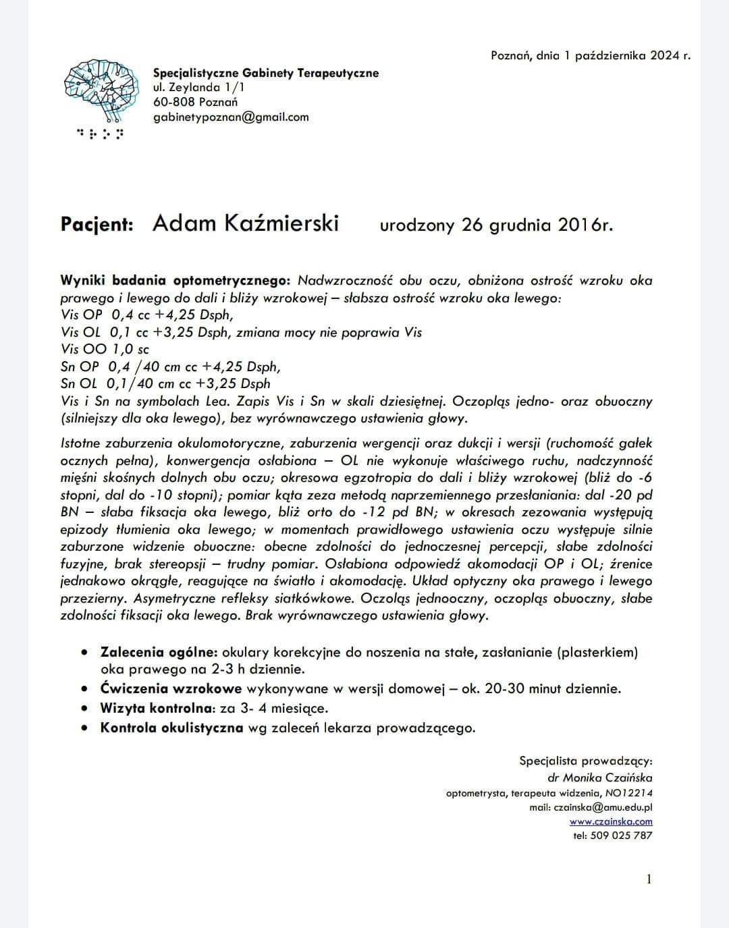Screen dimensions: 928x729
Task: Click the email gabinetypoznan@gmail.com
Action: coord(231,117)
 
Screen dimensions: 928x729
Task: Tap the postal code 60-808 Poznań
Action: coord(195,102)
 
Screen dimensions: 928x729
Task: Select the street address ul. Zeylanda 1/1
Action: coord(199,87)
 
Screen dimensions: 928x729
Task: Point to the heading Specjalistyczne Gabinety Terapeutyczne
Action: coord(266,73)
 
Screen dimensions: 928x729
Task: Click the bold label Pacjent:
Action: coord(97,224)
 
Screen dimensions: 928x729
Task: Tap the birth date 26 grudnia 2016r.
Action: coord(537,225)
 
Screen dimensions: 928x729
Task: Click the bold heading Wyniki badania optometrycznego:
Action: coord(175,280)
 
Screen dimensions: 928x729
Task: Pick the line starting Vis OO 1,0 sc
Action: coord(105,350)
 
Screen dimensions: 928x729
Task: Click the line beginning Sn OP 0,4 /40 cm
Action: coord(169,366)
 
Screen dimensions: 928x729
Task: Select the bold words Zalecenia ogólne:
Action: coord(159,653)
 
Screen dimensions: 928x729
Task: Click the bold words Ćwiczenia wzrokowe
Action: coord(171,689)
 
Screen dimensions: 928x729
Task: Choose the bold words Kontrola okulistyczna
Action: coord(171,728)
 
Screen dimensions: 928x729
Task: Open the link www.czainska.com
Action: coord(611,821)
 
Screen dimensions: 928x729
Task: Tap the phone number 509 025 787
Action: coord(621,836)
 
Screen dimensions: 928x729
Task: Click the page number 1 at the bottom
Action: coord(649,879)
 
